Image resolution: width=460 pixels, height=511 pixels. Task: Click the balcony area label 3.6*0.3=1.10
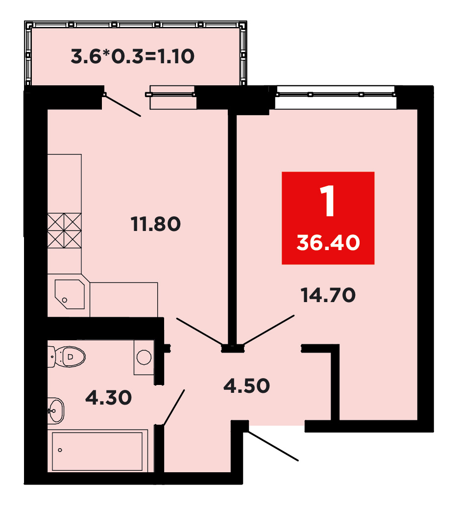pos(132,56)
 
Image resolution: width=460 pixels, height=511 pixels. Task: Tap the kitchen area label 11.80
pos(156,224)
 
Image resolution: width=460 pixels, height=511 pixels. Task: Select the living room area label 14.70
pos(328,295)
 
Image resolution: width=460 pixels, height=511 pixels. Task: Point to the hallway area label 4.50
pos(246,385)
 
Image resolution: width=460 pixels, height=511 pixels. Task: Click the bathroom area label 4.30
pos(108,398)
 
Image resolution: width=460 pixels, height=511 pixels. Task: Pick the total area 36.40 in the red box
pos(328,243)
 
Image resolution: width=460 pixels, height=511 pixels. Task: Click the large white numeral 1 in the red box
pos(328,201)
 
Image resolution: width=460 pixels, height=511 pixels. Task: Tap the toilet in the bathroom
pos(67,357)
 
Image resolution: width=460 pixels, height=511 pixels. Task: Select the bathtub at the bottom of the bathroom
pos(97,451)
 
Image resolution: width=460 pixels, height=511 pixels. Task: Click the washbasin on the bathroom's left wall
pos(56,410)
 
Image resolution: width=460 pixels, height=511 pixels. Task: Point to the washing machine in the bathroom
pos(144,358)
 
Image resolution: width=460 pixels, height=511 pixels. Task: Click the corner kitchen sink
pos(70,294)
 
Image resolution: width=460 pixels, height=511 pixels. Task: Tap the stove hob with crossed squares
pos(65,230)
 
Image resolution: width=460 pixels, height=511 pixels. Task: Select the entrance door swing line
pos(273,446)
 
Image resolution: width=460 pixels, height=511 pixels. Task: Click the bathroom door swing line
pos(174,408)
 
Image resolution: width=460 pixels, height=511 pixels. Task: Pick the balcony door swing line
pos(122,105)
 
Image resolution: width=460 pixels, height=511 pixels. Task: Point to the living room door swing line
pos(269,330)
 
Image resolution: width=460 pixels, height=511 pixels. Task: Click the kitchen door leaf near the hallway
pos(199,331)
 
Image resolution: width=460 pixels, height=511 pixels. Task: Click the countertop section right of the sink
pos(124,300)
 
